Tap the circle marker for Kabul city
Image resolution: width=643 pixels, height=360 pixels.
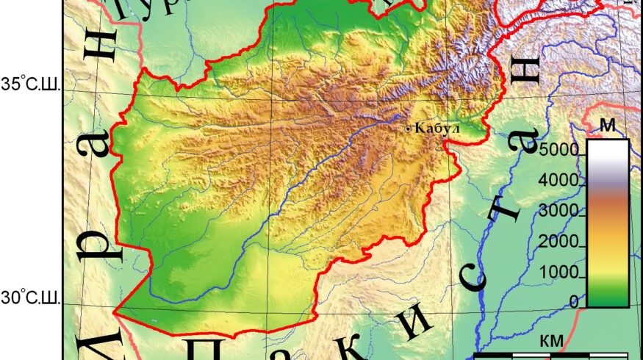coord(409,129)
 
